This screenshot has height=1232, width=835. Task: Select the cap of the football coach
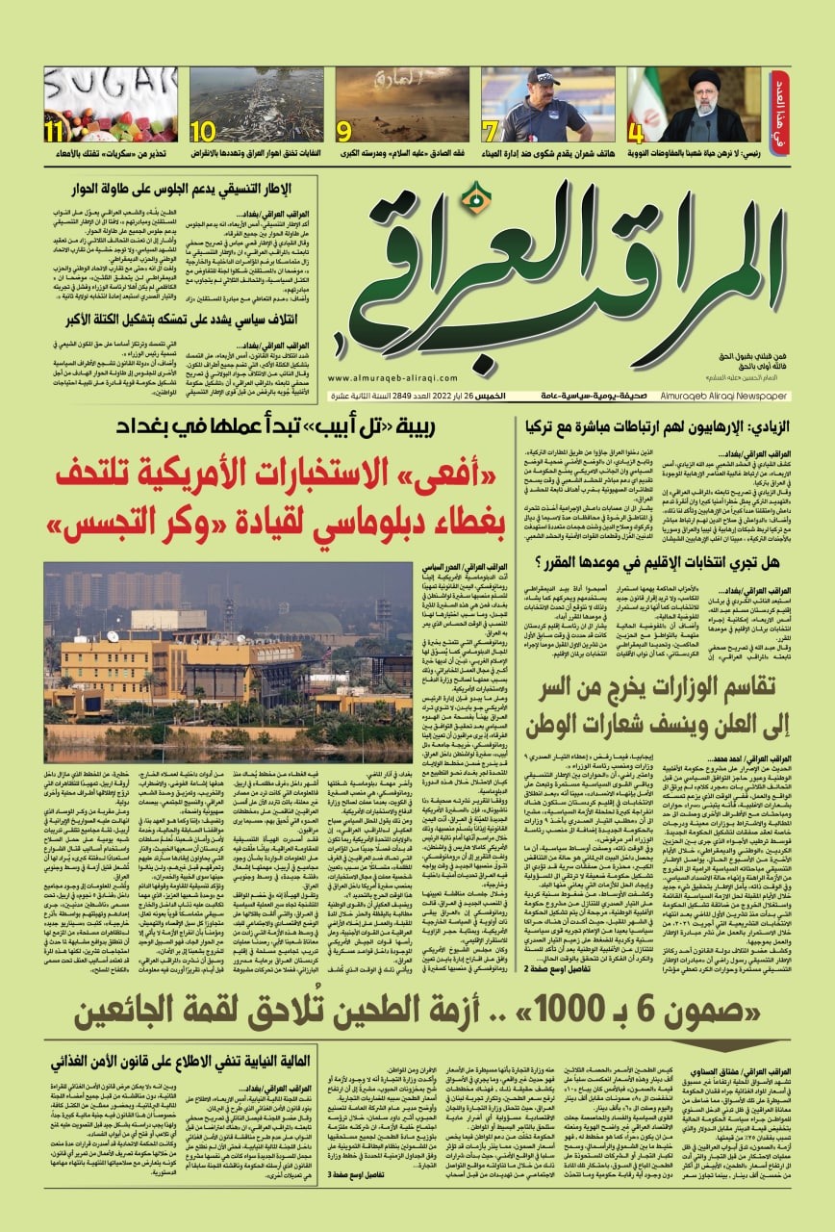(x=544, y=78)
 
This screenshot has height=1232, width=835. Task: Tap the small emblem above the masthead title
(x=469, y=199)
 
